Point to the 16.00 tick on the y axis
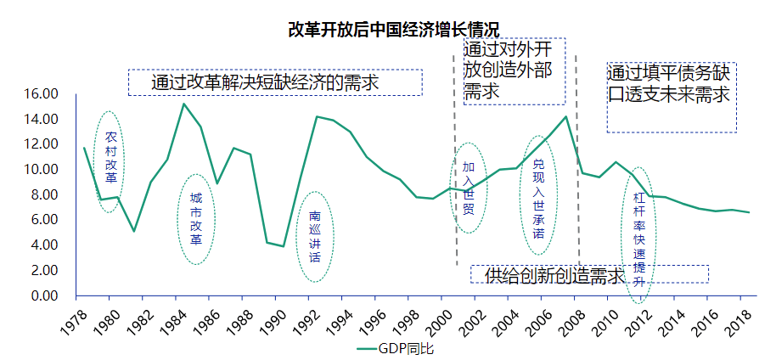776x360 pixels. coord(42,93)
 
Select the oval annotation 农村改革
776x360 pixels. coord(110,160)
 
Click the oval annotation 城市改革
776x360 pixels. coord(196,218)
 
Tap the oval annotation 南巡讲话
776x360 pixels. coord(314,237)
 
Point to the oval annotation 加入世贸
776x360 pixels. coord(469,187)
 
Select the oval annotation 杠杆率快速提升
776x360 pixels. coord(640,241)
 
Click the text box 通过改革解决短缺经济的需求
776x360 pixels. coord(274,82)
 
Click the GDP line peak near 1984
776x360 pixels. coord(183,104)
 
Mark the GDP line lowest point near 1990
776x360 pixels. coord(283,246)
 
